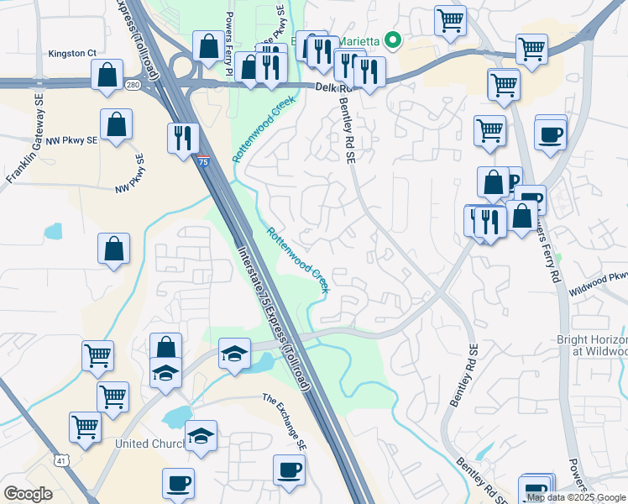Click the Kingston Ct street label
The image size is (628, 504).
[72, 53]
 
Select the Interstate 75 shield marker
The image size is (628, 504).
[204, 160]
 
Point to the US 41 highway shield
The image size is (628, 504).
[61, 459]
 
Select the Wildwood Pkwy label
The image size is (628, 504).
[598, 281]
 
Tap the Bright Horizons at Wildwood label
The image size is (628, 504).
[592, 345]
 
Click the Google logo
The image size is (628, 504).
[29, 494]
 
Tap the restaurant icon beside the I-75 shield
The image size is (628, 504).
[183, 137]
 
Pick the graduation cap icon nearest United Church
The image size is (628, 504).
[201, 434]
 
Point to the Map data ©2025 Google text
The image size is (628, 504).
[577, 497]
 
